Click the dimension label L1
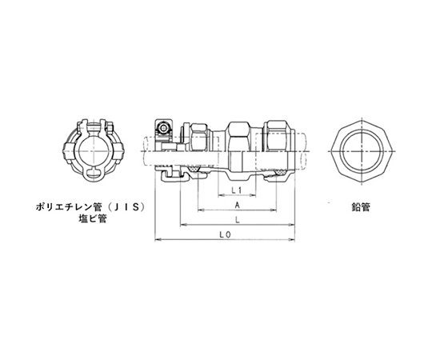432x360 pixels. [x=236, y=190]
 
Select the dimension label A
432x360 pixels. [x=237, y=205]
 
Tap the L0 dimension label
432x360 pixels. [x=225, y=234]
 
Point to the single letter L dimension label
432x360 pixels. [x=237, y=220]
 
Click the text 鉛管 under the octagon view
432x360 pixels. [x=360, y=207]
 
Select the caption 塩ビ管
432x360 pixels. [x=93, y=219]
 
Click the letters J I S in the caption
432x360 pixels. [x=127, y=207]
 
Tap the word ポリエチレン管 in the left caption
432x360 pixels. [x=69, y=207]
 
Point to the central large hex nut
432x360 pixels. [x=238, y=136]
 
